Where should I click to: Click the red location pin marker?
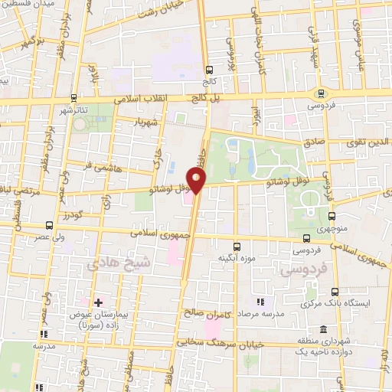(x=198, y=181)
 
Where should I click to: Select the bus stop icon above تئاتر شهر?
(x=73, y=97)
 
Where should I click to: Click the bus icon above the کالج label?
(x=208, y=67)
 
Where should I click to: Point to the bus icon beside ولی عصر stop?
(x=50, y=225)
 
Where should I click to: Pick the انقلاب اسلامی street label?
(x=146, y=99)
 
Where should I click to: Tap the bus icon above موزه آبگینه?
(x=237, y=247)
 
